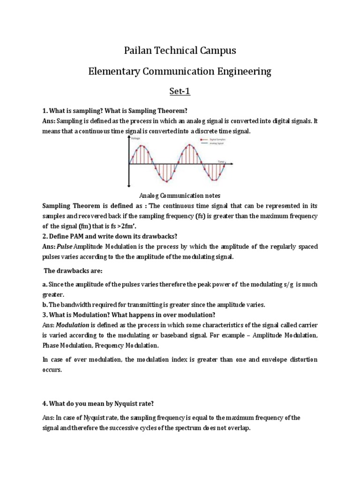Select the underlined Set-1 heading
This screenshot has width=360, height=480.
point(180,91)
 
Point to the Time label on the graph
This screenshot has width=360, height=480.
point(221,161)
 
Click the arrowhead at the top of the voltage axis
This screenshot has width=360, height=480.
point(129,138)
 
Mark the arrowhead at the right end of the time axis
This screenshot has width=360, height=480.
point(232,164)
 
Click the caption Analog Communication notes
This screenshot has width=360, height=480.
point(180,195)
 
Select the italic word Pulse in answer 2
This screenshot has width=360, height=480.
point(66,247)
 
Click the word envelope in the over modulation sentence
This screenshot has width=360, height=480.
point(272,360)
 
